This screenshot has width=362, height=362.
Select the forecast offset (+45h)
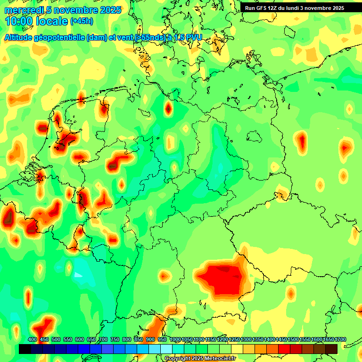click(x=82, y=21)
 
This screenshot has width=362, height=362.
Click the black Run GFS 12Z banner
click(x=295, y=8)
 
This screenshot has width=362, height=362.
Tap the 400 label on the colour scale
click(x=33, y=340)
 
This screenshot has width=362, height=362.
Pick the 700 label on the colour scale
click(x=103, y=340)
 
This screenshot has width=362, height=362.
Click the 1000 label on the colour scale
click(x=175, y=340)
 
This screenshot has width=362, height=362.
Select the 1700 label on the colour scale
click(x=340, y=340)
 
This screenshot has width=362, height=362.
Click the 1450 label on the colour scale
click(x=281, y=340)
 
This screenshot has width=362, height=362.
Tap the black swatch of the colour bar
click(x=25, y=349)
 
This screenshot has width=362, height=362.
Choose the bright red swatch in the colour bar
click(x=284, y=349)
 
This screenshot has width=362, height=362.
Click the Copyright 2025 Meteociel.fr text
click(x=200, y=358)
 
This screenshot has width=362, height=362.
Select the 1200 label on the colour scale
click(x=222, y=340)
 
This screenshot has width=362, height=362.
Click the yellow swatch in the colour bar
click(x=237, y=349)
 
